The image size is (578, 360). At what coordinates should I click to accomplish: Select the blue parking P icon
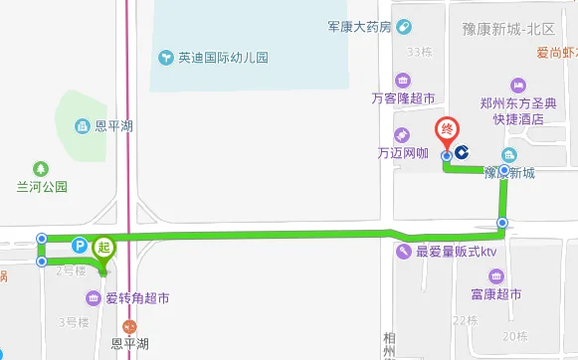(x=80, y=244)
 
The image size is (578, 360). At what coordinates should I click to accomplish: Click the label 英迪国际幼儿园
(x=224, y=57)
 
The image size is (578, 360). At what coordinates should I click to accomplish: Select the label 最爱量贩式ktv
(x=455, y=253)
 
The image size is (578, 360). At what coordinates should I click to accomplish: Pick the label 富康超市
(x=497, y=295)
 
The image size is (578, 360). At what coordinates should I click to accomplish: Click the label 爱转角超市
(x=137, y=297)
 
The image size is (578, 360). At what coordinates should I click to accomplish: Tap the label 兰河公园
(x=41, y=186)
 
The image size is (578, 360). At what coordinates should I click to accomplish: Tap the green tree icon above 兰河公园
(x=41, y=168)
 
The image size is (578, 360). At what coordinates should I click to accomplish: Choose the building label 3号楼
(x=75, y=321)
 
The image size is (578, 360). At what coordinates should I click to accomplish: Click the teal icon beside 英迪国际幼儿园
(x=166, y=57)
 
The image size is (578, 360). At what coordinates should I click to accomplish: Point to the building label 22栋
(x=465, y=320)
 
